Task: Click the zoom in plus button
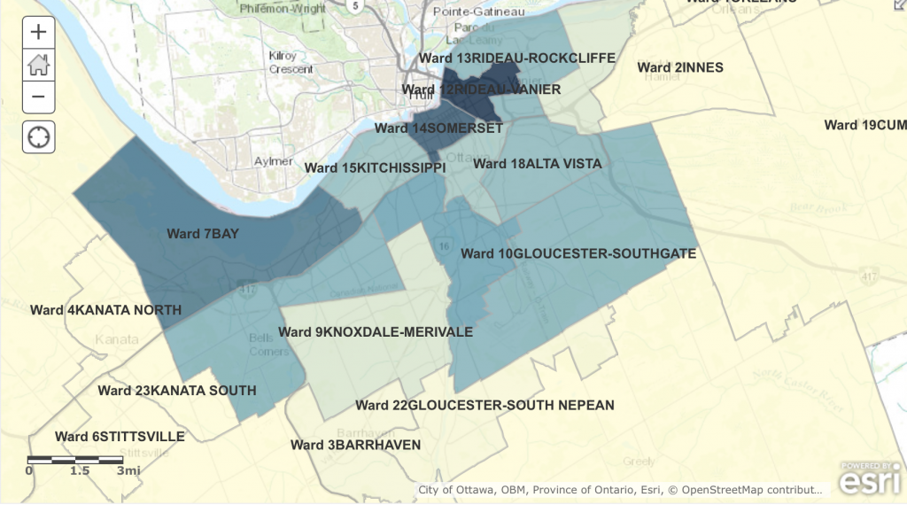point(38,33)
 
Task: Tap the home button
point(38,65)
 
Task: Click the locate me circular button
point(38,137)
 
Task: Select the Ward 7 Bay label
point(204,234)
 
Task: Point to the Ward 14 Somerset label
point(438,128)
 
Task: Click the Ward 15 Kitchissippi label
point(375,167)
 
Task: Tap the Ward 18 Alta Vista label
point(537,164)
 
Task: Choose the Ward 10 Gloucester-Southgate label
point(578,253)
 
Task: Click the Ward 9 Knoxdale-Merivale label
point(375,332)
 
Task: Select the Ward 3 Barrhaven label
point(355,445)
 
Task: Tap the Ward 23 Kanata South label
point(176,391)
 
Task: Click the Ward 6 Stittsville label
point(120,437)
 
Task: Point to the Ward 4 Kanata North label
point(105,310)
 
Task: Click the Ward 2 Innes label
point(680,67)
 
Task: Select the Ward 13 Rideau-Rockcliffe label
point(517,58)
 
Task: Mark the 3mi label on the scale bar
point(129,470)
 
